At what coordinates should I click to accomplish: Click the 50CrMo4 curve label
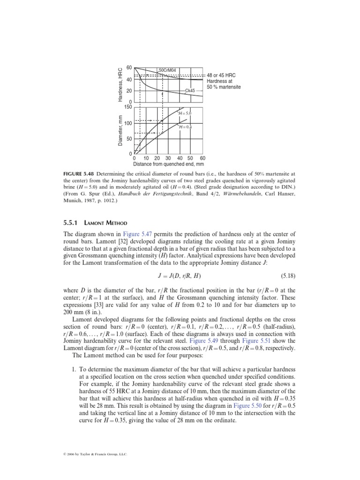pos(167,70)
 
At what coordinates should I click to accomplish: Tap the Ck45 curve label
pos(190,90)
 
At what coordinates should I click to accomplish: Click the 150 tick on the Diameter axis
pos(128,107)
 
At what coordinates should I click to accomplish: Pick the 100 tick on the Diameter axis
pos(128,123)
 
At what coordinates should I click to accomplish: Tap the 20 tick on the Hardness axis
pos(129,91)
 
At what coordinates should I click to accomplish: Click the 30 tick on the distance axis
pos(168,158)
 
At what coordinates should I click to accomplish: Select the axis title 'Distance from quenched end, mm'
pos(168,165)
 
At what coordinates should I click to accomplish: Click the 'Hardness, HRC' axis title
pos(120,84)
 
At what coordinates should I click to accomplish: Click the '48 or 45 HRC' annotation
pos(223,75)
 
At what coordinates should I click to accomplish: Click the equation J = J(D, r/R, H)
pos(180,274)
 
